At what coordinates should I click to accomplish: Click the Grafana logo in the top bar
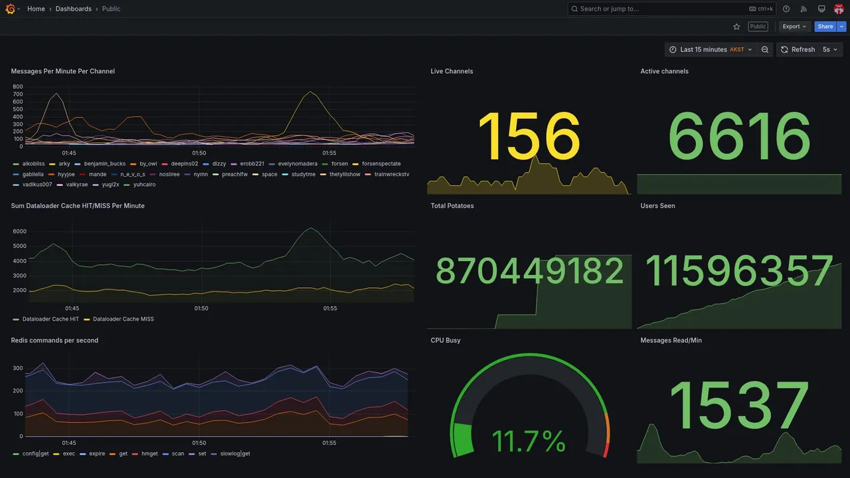click(x=10, y=9)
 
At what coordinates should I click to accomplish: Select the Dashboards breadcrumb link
click(x=73, y=9)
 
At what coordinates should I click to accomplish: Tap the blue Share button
click(x=825, y=27)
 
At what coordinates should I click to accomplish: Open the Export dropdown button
click(x=794, y=27)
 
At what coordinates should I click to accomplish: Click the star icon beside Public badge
click(x=736, y=27)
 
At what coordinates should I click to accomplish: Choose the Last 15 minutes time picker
click(x=710, y=50)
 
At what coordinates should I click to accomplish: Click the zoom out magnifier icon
click(x=765, y=50)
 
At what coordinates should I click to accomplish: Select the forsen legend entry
click(x=339, y=164)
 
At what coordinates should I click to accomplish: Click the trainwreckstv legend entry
click(x=391, y=175)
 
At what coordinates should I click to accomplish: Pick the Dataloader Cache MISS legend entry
click(x=123, y=319)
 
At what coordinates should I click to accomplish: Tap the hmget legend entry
click(x=149, y=454)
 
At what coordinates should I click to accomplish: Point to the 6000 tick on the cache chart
click(x=19, y=231)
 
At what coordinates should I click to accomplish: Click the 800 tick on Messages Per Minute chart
click(x=17, y=87)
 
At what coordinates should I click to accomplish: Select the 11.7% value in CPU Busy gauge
click(x=529, y=441)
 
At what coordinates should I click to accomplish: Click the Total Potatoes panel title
click(x=452, y=206)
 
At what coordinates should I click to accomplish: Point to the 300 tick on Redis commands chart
click(x=17, y=368)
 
